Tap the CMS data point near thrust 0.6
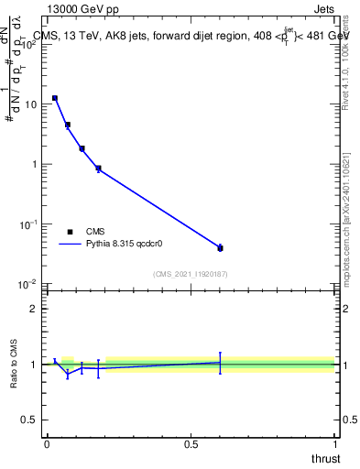coord(220,248)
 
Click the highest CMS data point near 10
coord(55,98)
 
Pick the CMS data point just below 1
coord(98,169)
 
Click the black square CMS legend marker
coord(70,232)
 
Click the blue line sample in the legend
coord(71,245)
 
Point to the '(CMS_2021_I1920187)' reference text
coord(191,274)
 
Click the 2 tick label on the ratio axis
coord(34,309)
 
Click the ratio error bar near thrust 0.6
coord(220,363)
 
